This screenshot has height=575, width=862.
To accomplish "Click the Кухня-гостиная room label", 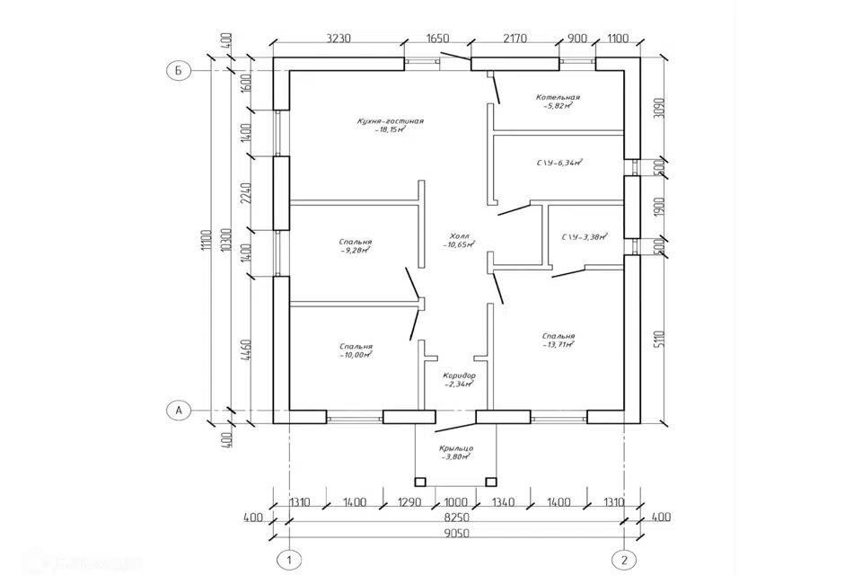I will point(390,120).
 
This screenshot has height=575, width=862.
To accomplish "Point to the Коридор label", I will point(459,376).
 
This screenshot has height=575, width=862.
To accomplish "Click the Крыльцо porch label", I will point(457,448).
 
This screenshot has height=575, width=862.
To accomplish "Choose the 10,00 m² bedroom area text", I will point(356,355).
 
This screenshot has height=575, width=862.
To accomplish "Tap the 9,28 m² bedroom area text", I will point(356,251).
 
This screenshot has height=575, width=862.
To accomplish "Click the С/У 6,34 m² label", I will point(560,164).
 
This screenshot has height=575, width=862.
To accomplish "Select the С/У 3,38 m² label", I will point(585,237).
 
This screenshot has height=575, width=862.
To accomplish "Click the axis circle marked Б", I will point(179,71).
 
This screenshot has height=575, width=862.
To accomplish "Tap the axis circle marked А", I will point(179,410).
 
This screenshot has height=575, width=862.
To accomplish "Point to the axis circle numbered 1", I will point(289,559).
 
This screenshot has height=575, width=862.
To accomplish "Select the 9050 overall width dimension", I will point(457,534).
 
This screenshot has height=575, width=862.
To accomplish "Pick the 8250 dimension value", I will point(457,518).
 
